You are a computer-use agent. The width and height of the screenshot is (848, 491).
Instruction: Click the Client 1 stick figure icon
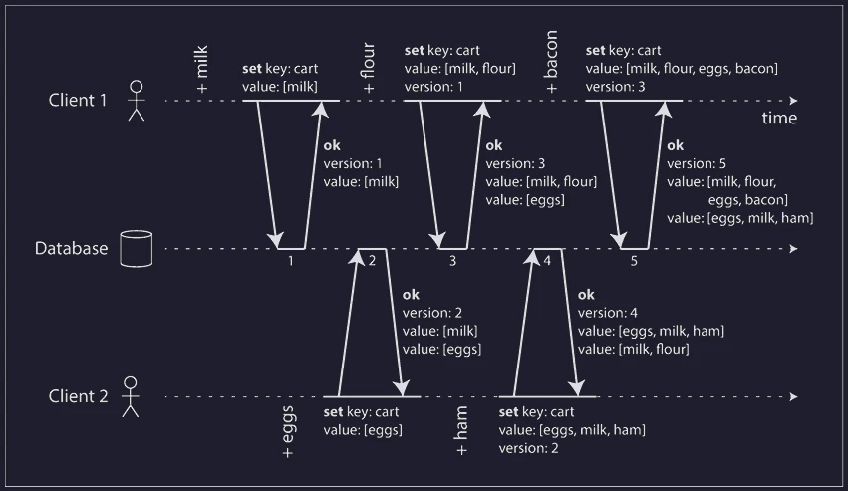pos(137,101)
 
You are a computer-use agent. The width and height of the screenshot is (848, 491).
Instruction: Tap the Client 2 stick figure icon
pos(131,397)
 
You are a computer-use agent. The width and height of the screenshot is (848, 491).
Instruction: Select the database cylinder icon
pos(137,249)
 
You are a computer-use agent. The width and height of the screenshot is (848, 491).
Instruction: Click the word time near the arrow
pos(779,118)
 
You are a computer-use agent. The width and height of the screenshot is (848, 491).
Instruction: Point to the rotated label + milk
pos(201,69)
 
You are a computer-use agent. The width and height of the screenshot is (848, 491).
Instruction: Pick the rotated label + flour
pos(368,68)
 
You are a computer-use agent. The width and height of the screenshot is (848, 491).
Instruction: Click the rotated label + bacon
pos(550,62)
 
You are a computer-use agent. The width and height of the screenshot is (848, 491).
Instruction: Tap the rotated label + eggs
pos(288,431)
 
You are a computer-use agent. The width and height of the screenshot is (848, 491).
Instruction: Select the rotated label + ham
pos(460,431)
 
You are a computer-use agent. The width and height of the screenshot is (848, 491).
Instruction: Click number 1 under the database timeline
pos(290,261)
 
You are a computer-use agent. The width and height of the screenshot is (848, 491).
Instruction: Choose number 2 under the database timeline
pos(372,261)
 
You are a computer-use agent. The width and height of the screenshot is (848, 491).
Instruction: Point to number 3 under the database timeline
pos(452,261)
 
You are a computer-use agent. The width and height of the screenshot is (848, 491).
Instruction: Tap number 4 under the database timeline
pos(547,261)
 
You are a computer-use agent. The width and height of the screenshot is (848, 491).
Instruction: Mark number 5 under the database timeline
pos(634,261)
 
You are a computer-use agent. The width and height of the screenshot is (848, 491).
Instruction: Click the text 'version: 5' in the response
pos(697,164)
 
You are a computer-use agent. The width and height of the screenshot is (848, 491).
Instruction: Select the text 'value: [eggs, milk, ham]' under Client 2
pos(572,430)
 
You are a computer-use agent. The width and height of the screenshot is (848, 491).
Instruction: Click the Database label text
pos(72,248)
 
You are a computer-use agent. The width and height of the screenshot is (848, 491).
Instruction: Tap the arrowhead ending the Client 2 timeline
pos(794,397)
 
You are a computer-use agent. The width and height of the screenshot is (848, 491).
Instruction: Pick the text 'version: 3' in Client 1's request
pos(616,87)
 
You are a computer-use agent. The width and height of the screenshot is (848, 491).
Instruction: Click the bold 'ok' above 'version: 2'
pos(411,295)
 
